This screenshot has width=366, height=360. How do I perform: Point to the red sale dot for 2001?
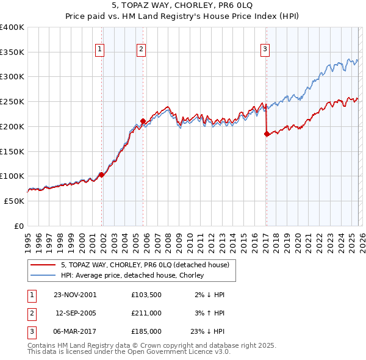(101, 175)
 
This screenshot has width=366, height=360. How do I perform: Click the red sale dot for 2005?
(143, 121)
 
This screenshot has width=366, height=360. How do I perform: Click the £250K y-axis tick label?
(12, 102)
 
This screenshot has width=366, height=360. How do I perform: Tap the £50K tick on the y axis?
(14, 201)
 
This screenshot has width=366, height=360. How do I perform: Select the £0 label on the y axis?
(19, 226)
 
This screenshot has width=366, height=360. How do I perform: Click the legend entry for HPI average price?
(135, 276)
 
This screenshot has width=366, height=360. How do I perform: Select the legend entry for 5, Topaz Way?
(145, 265)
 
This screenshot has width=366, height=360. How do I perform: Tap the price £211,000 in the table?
(146, 313)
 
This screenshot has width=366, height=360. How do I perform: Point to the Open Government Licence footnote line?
(129, 352)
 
